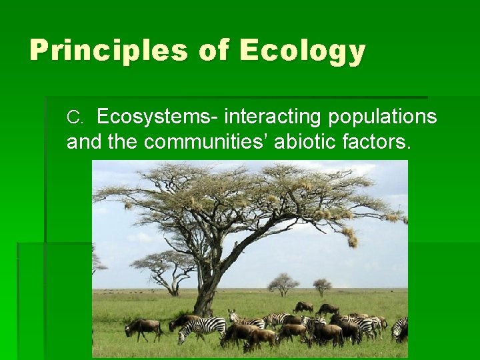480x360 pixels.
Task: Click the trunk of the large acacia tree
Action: [207, 293]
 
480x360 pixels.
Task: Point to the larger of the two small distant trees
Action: [283, 283]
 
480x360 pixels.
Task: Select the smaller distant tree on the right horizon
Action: [322, 286]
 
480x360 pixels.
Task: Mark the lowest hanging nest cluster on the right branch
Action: [351, 237]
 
